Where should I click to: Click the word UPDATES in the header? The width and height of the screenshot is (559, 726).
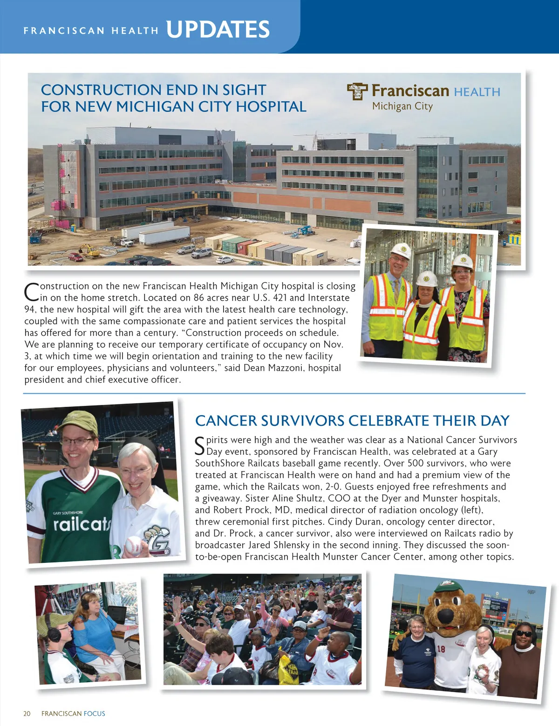[218, 29]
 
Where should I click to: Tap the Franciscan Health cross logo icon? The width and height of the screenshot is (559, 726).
[357, 91]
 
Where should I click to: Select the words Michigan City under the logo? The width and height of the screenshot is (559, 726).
[402, 106]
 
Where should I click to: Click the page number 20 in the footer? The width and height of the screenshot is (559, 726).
[27, 713]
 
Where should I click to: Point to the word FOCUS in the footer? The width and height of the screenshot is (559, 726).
[95, 713]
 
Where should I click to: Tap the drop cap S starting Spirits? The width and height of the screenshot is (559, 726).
[199, 445]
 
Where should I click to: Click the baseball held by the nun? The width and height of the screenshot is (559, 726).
[134, 545]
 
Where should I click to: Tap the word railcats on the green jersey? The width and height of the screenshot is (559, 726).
[82, 524]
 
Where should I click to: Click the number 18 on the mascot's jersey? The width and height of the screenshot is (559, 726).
[440, 649]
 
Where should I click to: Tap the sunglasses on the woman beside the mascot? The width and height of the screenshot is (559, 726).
[524, 634]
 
